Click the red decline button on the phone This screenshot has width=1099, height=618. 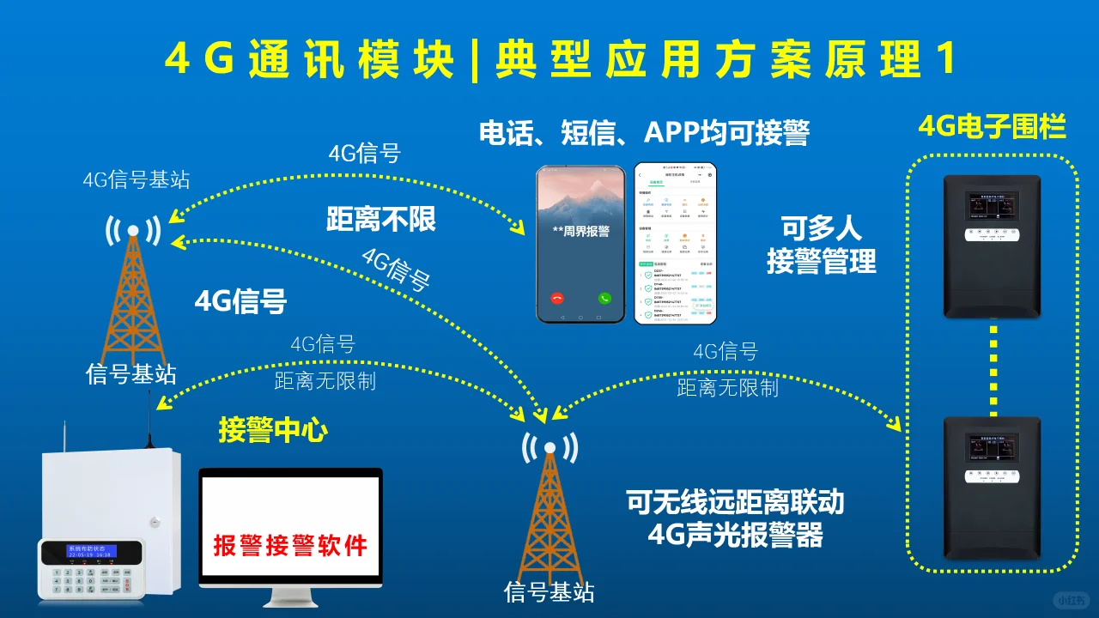pyautogui.click(x=558, y=299)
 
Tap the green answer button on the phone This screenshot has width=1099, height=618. pyautogui.click(x=604, y=299)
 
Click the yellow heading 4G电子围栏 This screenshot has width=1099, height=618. pyautogui.click(x=992, y=128)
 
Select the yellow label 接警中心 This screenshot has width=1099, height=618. pyautogui.click(x=273, y=430)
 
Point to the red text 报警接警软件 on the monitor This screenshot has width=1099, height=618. pyautogui.click(x=290, y=546)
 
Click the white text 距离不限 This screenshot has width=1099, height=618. pyautogui.click(x=381, y=220)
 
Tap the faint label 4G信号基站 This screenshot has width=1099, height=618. pyautogui.click(x=137, y=179)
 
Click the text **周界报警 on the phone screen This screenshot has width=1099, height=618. pyautogui.click(x=581, y=231)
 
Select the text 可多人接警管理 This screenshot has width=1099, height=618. pyautogui.click(x=822, y=245)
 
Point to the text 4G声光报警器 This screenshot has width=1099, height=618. pyautogui.click(x=735, y=535)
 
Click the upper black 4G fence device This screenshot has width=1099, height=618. pyautogui.click(x=992, y=245)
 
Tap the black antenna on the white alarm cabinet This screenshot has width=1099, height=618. pyautogui.click(x=149, y=420)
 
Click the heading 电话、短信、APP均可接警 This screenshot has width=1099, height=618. pyautogui.click(x=644, y=133)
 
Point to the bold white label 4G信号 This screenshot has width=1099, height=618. pyautogui.click(x=240, y=301)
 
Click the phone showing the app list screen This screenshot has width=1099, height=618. pyautogui.click(x=675, y=243)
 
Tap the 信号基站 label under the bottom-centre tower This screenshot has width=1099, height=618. pyautogui.click(x=549, y=592)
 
